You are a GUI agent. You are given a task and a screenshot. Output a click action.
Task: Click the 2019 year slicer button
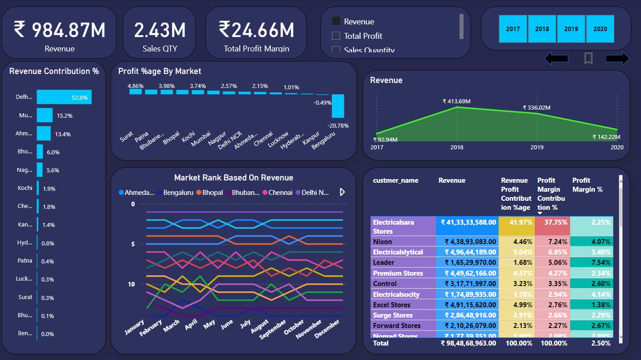pyautogui.click(x=571, y=29)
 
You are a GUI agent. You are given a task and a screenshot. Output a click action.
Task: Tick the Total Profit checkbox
pyautogui.click(x=336, y=36)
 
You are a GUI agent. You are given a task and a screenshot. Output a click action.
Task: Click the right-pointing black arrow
pyautogui.click(x=617, y=58)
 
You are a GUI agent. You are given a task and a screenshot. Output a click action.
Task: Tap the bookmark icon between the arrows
pyautogui.click(x=588, y=58)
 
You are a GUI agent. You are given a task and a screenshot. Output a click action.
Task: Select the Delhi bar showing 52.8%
pyautogui.click(x=64, y=97)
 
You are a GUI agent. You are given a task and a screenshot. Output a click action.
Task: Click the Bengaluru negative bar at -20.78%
pyautogui.click(x=338, y=106)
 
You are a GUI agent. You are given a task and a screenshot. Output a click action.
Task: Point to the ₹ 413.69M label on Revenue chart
pyautogui.click(x=456, y=102)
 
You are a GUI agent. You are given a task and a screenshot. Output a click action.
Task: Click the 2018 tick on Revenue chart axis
pyautogui.click(x=457, y=148)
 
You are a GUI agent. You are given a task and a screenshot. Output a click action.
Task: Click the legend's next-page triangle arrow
pyautogui.click(x=342, y=192)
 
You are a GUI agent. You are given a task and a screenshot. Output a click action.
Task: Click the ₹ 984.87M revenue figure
pyautogui.click(x=59, y=30)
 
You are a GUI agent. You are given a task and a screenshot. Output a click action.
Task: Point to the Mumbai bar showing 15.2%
pyautogui.click(x=45, y=115)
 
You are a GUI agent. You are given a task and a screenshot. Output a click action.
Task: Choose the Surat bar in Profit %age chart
pyautogui.click(x=135, y=92)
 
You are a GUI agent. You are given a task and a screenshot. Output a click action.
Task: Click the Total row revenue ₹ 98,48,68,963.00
pyautogui.click(x=468, y=343)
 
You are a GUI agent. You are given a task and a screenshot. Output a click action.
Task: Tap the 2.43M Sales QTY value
pyautogui.click(x=159, y=30)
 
